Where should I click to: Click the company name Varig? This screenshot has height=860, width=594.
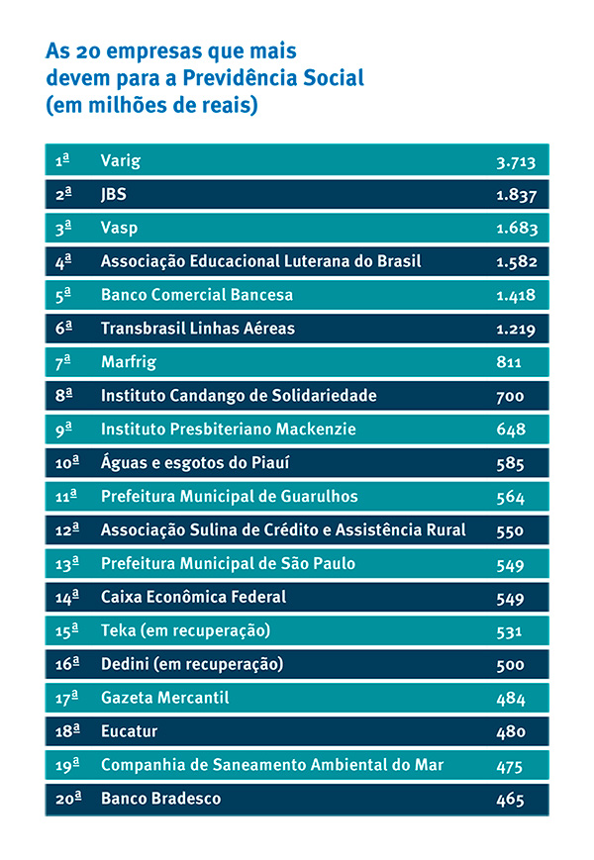tap(120, 160)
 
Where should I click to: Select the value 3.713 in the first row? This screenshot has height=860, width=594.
tap(516, 161)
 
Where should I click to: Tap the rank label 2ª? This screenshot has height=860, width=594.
tap(64, 194)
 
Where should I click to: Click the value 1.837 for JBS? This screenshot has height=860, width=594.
tap(516, 195)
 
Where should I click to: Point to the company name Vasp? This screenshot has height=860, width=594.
tap(119, 228)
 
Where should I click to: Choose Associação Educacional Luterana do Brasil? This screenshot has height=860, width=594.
tap(260, 261)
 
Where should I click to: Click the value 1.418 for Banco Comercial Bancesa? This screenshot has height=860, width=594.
tap(516, 295)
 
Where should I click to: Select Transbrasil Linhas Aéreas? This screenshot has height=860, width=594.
tap(198, 329)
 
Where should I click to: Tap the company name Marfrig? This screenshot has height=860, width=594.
tap(129, 362)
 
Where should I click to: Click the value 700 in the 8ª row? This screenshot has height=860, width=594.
tap(510, 396)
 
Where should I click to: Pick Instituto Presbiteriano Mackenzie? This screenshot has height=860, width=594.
tap(228, 430)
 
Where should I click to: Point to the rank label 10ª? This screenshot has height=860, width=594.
tap(67, 463)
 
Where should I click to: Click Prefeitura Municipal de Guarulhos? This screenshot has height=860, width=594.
tap(229, 496)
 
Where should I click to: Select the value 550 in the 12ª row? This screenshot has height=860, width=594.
tap(510, 530)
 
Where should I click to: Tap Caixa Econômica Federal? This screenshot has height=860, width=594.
tap(193, 597)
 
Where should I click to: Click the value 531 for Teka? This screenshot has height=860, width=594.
tap(510, 630)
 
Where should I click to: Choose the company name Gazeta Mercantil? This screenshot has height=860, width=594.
tap(164, 698)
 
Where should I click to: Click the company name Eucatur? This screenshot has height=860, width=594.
tap(130, 731)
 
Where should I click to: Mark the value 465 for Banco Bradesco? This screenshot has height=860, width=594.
tap(510, 799)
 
